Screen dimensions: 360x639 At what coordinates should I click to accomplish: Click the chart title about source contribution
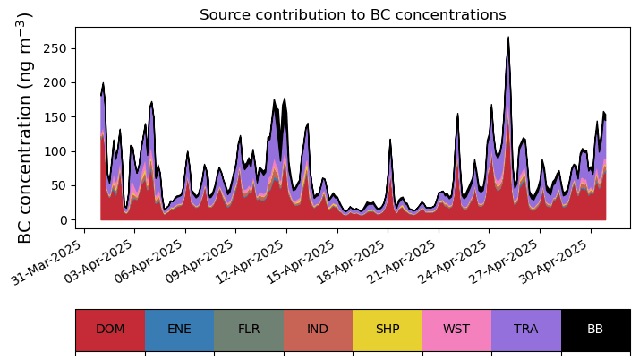click(x=353, y=15)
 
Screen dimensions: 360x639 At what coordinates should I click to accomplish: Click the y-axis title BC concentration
click(x=26, y=128)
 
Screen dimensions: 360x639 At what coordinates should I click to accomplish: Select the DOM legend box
click(x=110, y=330)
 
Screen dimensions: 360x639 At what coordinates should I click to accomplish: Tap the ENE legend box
click(x=179, y=330)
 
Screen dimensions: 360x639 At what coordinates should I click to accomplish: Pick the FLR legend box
click(x=249, y=330)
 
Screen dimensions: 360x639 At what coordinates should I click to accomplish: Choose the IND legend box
click(x=318, y=330)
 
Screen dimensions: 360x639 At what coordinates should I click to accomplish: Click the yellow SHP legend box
click(x=388, y=330)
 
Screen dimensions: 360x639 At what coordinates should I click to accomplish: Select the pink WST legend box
click(x=456, y=330)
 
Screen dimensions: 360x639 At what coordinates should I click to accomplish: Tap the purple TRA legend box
click(x=526, y=330)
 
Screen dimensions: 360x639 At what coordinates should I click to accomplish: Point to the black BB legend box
click(x=595, y=330)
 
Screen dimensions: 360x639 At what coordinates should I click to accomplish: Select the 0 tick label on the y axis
click(x=63, y=220)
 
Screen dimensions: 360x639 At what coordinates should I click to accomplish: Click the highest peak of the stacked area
click(x=508, y=39)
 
